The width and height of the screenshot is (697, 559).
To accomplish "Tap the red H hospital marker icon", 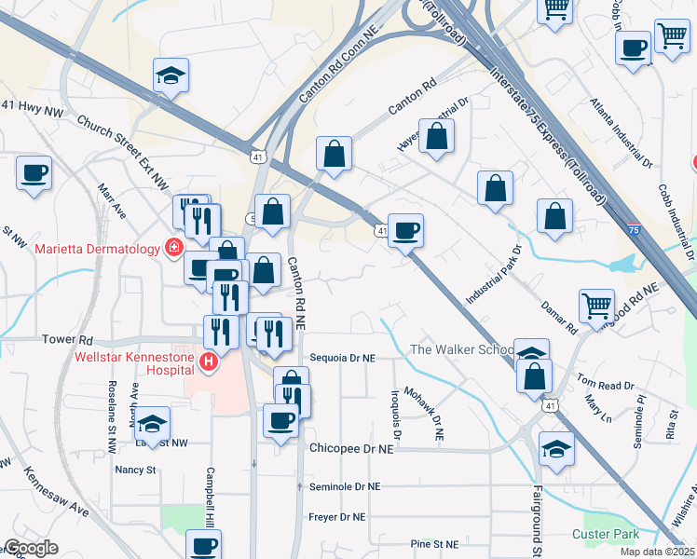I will (x=209, y=361).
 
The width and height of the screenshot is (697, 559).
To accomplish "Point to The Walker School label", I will (x=462, y=349).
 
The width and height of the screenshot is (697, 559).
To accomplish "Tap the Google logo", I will (x=31, y=548).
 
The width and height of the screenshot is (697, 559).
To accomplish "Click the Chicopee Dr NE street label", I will (x=352, y=448).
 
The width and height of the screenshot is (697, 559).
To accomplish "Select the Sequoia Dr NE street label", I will (x=341, y=357).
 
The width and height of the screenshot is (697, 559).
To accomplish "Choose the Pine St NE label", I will (x=434, y=544).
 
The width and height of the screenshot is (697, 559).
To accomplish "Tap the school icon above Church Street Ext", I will (x=171, y=75).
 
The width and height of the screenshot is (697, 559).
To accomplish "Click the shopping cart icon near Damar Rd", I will (x=596, y=304).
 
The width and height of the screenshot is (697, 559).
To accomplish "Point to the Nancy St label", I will (x=135, y=470).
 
